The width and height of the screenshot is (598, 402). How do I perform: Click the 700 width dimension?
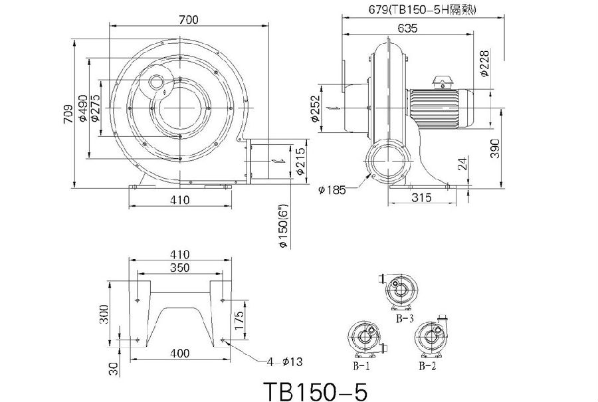[x=189, y=19]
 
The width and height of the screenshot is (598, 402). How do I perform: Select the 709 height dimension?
[x=68, y=113]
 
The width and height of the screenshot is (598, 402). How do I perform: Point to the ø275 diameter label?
[x=95, y=109]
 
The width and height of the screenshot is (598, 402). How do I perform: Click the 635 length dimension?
[x=407, y=28]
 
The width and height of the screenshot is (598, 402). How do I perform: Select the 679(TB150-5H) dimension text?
[x=421, y=9]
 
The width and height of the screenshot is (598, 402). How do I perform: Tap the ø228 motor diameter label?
[x=484, y=63]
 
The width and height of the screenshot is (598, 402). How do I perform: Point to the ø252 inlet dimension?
[x=315, y=109]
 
